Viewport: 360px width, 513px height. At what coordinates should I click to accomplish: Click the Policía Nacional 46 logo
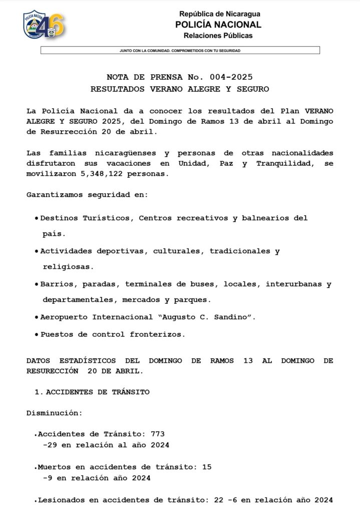pos(44,25)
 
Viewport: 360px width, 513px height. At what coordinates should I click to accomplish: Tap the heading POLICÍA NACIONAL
pos(218,25)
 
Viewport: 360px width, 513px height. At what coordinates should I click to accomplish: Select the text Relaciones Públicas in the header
pos(218,36)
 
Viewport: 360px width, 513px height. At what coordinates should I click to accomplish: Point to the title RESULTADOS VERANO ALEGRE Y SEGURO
pos(180,89)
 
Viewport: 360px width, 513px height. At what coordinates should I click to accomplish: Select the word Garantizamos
pos(54,194)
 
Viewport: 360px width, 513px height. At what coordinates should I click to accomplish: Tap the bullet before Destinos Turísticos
pos(37,218)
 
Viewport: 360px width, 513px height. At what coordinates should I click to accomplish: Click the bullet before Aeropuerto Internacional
pos(37,318)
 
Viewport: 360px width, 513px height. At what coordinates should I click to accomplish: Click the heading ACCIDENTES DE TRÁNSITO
pos(98,392)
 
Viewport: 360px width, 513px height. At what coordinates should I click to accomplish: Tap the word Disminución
pos(54,413)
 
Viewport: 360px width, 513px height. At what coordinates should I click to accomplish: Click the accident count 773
pos(157,434)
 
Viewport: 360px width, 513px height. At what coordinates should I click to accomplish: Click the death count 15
pos(206,467)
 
